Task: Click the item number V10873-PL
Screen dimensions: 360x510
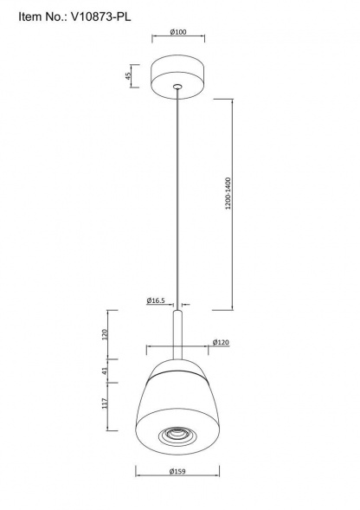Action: pyautogui.click(x=100, y=16)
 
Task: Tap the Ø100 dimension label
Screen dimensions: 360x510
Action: pyautogui.click(x=178, y=32)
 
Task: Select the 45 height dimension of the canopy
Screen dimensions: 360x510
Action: pyautogui.click(x=128, y=76)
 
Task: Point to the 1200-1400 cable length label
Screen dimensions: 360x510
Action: pyautogui.click(x=228, y=193)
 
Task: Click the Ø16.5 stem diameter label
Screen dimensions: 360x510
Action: pyautogui.click(x=156, y=300)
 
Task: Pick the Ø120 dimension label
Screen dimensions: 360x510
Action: pyautogui.click(x=221, y=342)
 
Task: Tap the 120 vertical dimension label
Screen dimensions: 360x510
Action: pyautogui.click(x=105, y=334)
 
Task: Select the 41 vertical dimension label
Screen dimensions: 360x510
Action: pyautogui.click(x=105, y=371)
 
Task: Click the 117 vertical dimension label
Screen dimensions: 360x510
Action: pyautogui.click(x=105, y=403)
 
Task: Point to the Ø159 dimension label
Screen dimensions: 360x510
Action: pyautogui.click(x=177, y=471)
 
